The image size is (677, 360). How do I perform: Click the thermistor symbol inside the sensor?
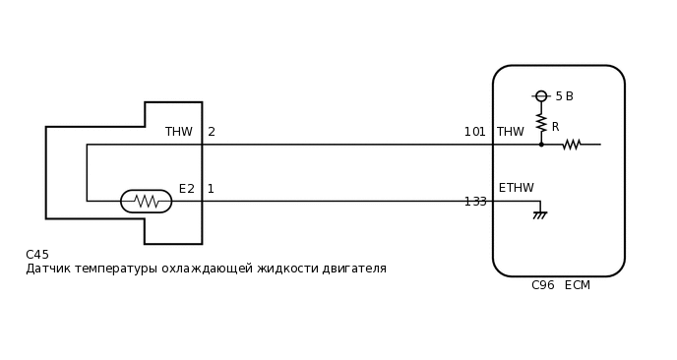click(146, 202)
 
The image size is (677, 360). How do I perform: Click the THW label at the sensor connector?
click(178, 132)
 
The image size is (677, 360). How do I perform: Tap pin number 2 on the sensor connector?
click(212, 132)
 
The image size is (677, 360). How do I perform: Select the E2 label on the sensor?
click(186, 189)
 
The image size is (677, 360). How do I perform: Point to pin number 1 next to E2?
click(211, 189)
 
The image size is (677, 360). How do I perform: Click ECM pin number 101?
click(474, 132)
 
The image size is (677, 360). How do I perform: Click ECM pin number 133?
click(475, 202)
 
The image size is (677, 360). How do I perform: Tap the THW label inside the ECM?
click(510, 132)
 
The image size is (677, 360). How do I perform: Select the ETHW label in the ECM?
click(516, 188)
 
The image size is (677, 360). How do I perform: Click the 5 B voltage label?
click(564, 96)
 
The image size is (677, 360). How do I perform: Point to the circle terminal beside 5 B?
click(541, 96)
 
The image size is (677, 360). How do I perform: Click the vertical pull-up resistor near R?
click(541, 123)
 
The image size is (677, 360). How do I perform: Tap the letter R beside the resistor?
click(555, 127)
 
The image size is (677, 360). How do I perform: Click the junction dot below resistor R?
click(541, 145)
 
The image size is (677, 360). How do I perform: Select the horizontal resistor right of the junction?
click(572, 145)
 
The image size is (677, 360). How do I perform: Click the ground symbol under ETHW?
click(539, 213)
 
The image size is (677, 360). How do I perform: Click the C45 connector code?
click(37, 255)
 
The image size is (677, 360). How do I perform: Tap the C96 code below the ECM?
click(542, 285)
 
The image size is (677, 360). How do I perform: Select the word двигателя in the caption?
click(357, 269)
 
